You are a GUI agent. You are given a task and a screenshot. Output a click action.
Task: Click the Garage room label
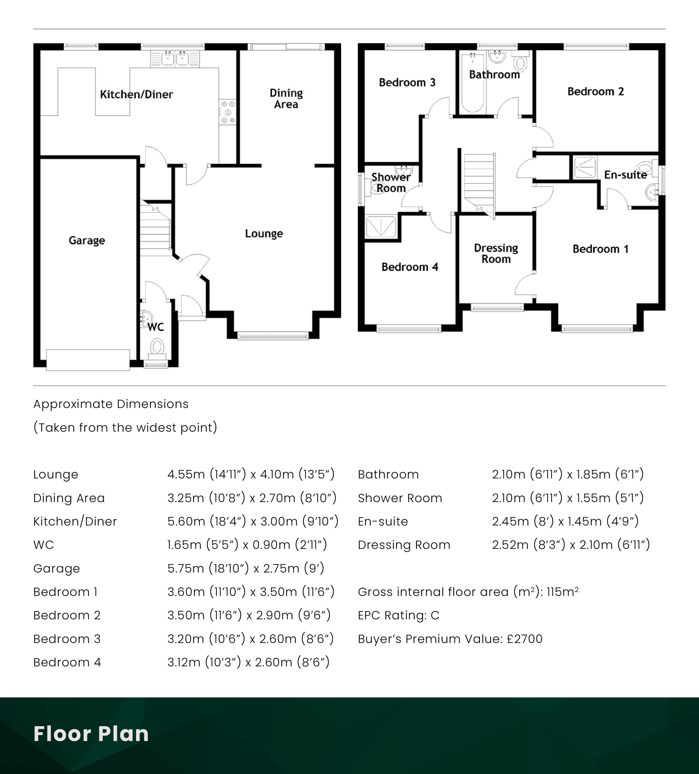coord(87,240)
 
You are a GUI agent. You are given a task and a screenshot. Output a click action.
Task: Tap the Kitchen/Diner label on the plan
coord(136,94)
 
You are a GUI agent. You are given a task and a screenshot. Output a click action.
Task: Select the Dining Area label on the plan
coord(286,99)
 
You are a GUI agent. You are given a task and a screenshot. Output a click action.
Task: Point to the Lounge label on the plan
coord(264,233)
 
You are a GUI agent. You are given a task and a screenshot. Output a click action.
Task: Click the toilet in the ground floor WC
coord(157,349)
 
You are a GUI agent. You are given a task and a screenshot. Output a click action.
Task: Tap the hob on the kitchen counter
coord(227,112)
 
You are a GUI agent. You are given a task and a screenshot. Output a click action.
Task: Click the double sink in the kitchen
coord(175,59)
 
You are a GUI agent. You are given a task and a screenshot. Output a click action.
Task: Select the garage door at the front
coord(88,360)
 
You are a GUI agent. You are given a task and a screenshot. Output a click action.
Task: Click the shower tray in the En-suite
coord(585,167)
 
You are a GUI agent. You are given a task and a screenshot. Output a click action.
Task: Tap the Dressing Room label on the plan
coord(496,253)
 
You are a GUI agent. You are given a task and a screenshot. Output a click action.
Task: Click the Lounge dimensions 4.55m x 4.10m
coord(251,474)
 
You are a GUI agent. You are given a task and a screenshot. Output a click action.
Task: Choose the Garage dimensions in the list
coord(246,568)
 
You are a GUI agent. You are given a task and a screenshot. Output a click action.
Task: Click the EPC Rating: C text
coord(399,615)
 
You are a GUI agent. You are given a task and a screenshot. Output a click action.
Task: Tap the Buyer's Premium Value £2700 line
coord(450,639)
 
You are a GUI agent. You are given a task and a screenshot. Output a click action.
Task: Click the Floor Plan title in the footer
coord(91,734)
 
